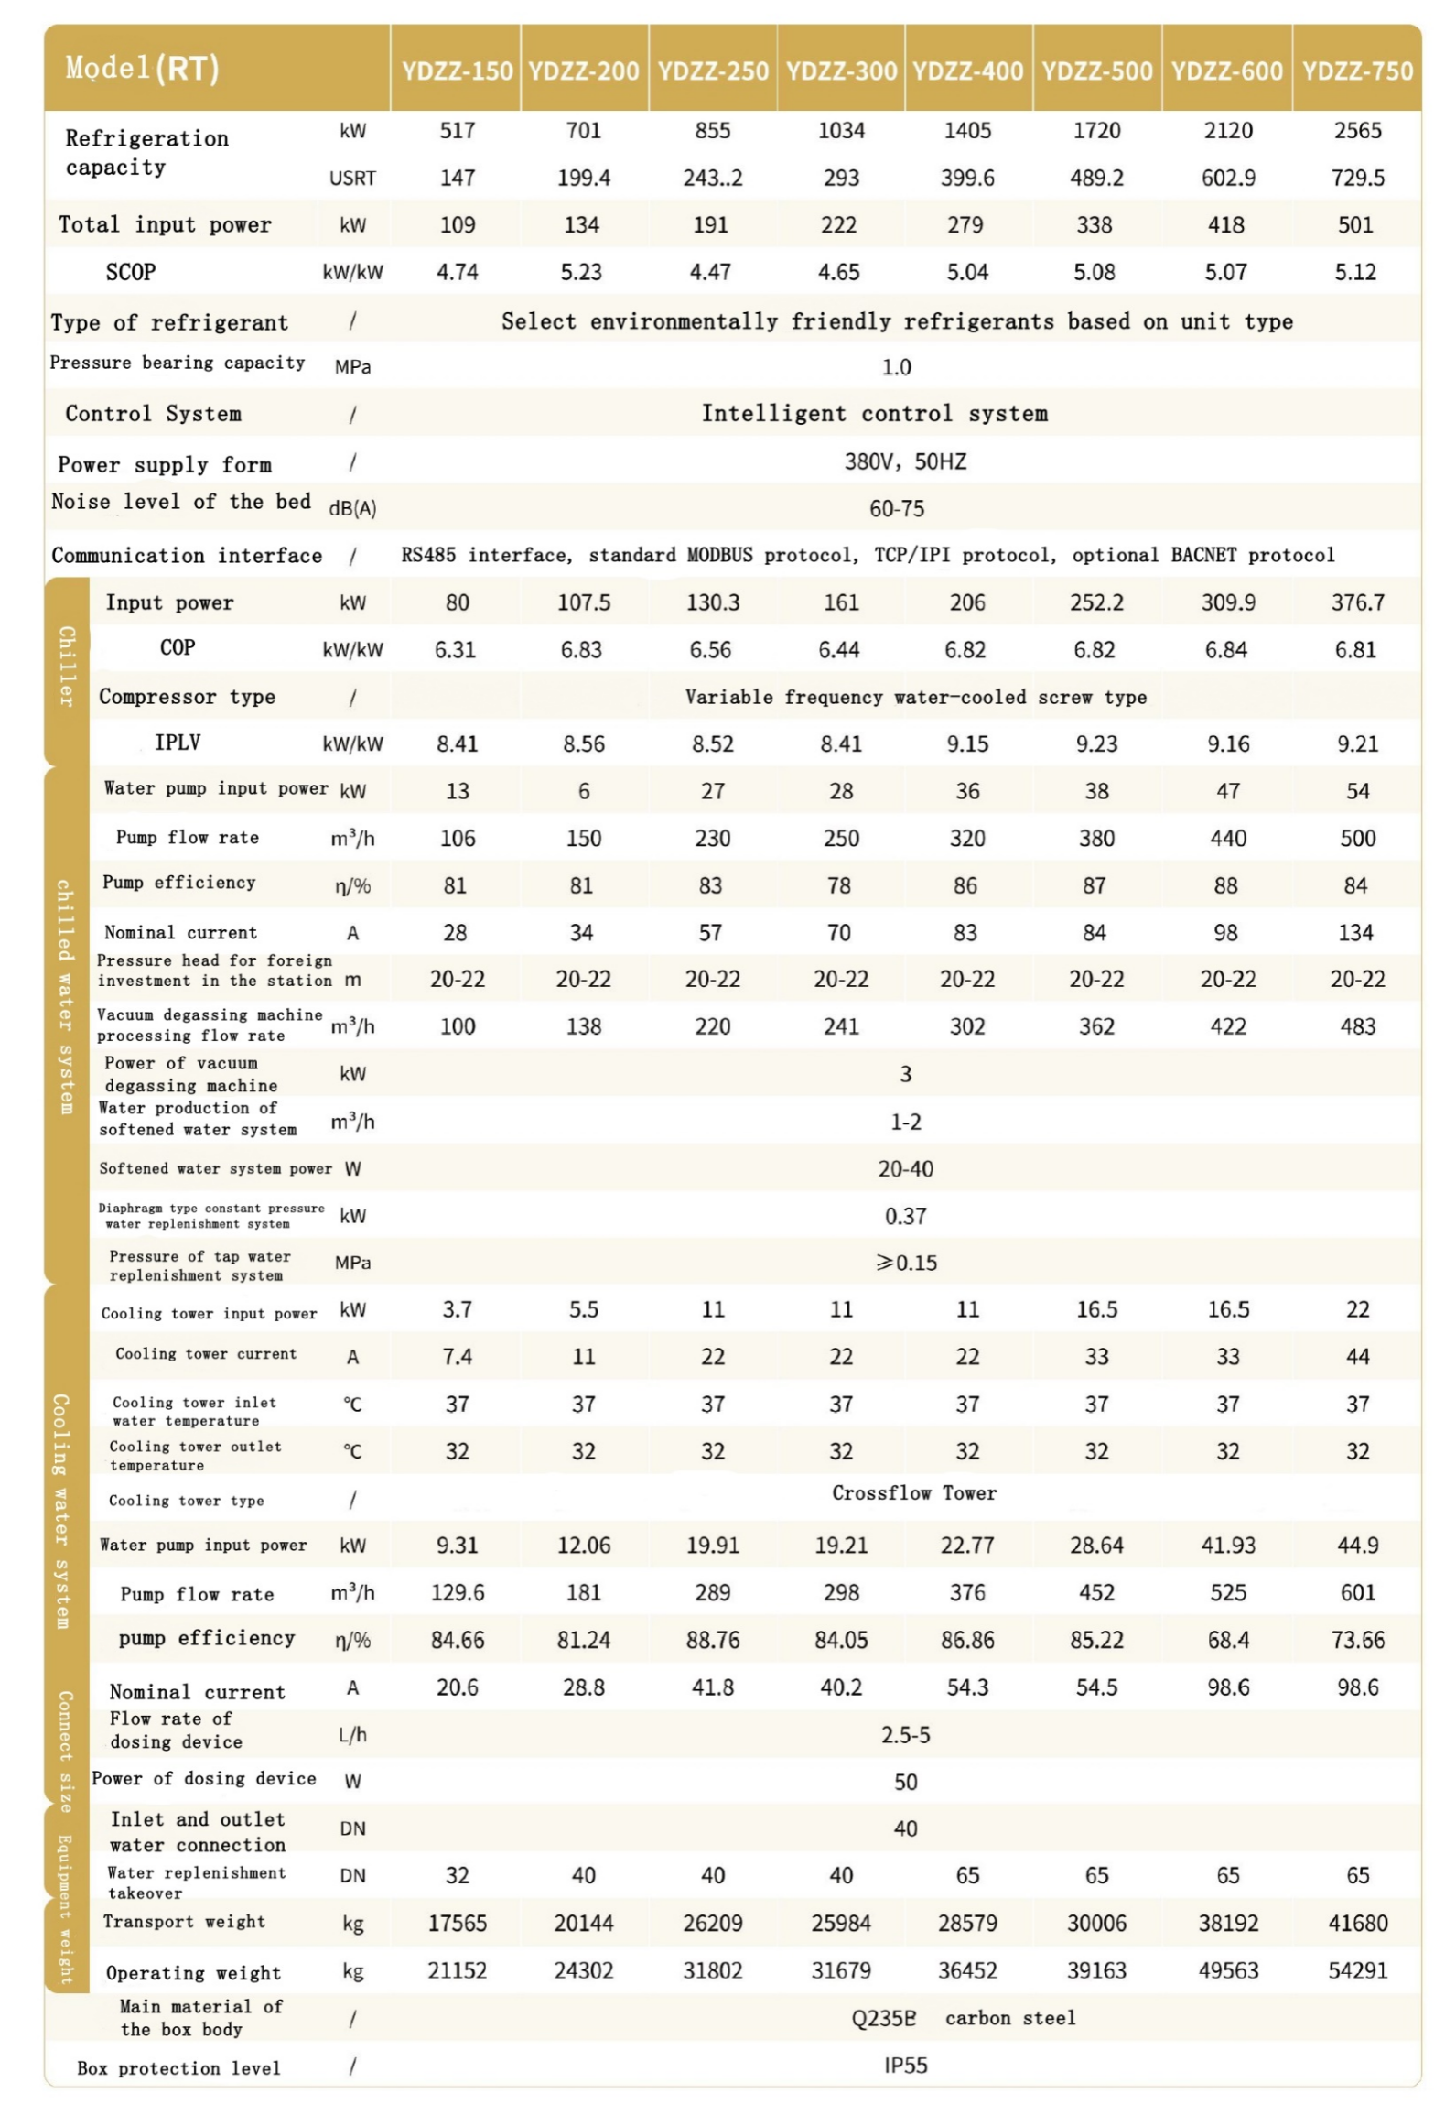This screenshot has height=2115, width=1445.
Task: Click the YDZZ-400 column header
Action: [966, 70]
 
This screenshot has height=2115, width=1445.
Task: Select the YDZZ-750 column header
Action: [1356, 70]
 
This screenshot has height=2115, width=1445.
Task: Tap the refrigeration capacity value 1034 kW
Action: [840, 131]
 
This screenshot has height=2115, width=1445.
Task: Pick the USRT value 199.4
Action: [583, 178]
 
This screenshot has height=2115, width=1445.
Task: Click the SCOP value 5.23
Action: [581, 272]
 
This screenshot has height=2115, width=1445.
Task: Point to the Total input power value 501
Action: [1354, 225]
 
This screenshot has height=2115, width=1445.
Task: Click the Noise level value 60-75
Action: [896, 508]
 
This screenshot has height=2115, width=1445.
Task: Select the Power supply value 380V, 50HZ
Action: [904, 461]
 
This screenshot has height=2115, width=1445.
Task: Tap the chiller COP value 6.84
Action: [1226, 649]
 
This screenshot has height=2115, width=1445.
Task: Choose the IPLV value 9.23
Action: [1095, 743]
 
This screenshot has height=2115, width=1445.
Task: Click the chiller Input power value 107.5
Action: [583, 602]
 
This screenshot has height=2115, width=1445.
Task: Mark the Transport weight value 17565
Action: [457, 1923]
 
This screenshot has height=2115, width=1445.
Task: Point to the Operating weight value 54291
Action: [1356, 1970]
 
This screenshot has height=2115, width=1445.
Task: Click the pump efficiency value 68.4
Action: [1226, 1640]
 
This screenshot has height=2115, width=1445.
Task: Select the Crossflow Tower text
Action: [913, 1492]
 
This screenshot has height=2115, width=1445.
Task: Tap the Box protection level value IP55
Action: [905, 2065]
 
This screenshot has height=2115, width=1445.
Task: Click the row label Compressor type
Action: [187, 697]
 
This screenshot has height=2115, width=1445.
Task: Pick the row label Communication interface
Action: [187, 555]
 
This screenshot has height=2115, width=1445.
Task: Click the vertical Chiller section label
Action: [66, 666]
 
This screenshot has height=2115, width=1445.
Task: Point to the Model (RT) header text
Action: [142, 69]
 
